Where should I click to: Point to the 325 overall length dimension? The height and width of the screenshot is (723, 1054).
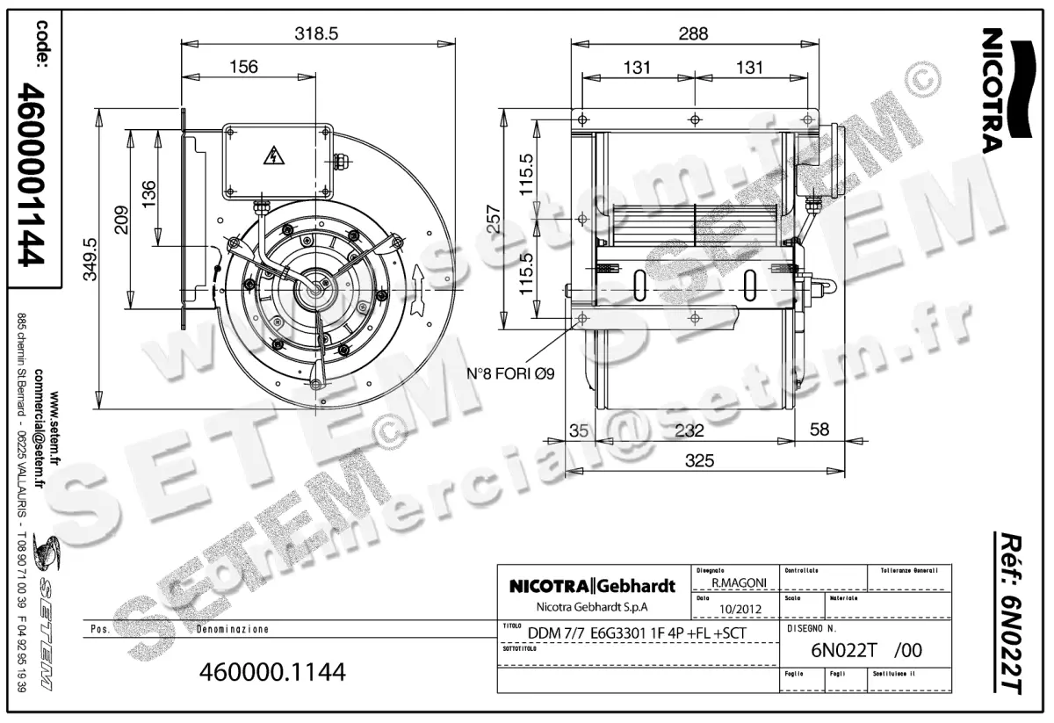(699, 460)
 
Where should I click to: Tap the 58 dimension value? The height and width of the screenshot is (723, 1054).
(819, 430)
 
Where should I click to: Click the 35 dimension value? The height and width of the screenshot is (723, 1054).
(578, 430)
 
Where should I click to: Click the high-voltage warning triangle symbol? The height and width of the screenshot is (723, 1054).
(275, 157)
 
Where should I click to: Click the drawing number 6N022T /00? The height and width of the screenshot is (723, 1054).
(865, 651)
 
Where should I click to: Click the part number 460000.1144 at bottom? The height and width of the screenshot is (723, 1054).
(273, 672)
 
